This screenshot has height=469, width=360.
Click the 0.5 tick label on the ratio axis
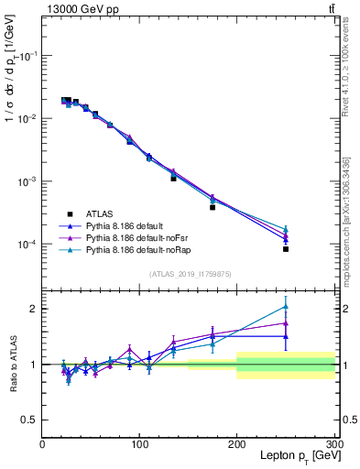(29, 420)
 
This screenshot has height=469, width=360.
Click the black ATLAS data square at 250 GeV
(286, 249)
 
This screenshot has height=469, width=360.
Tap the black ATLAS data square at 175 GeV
(213, 207)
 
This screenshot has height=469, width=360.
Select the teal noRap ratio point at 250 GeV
(286, 307)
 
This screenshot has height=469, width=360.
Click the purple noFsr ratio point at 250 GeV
(286, 322)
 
